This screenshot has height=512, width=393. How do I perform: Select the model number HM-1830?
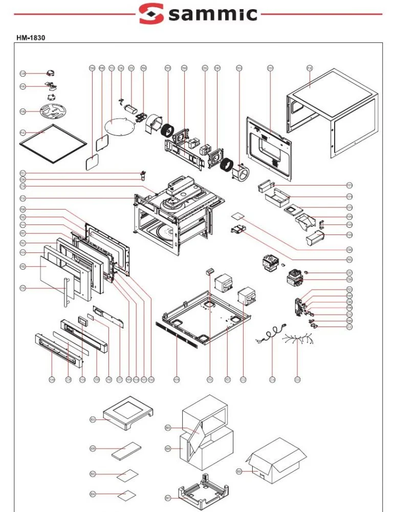33,38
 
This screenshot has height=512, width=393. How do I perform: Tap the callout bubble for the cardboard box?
239,471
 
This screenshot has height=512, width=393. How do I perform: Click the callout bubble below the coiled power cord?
272,380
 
